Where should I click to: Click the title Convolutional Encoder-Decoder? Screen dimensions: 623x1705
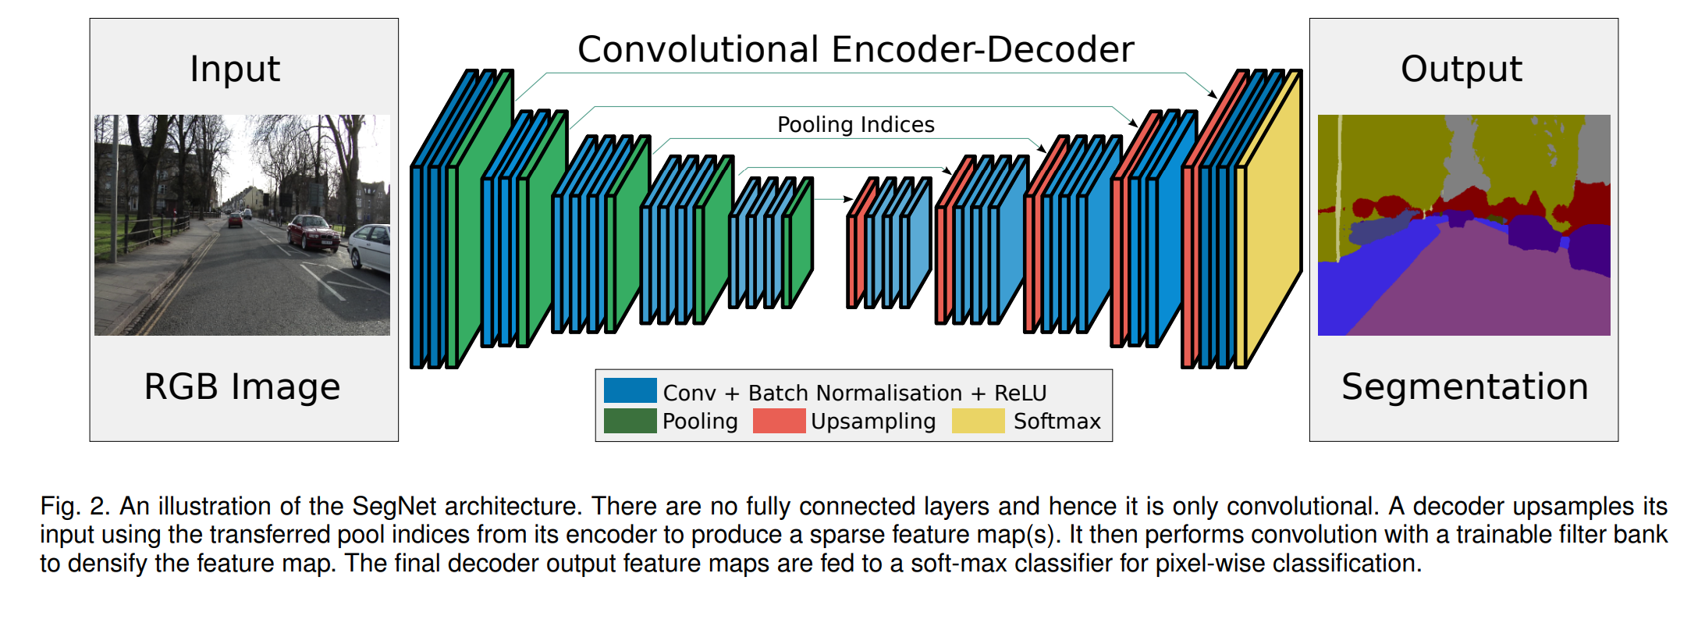855,50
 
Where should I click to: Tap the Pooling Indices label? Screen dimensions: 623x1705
855,125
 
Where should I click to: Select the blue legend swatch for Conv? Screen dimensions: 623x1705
630,390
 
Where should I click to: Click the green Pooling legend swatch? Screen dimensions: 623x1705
630,421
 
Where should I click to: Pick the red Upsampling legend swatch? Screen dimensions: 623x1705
779,421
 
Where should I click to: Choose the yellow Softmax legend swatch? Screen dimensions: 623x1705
978,421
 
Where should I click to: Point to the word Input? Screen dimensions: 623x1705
235,69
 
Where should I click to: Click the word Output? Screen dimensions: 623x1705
1461,69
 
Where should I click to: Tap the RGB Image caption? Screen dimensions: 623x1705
242,387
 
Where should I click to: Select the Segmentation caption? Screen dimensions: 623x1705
1465,387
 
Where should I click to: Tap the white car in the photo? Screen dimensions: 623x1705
371,247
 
